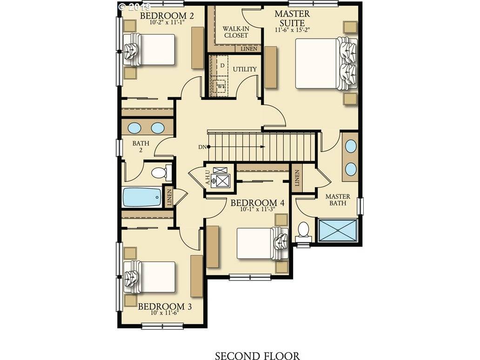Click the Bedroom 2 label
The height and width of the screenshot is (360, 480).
pyautogui.click(x=167, y=15)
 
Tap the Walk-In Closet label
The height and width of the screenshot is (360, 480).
pyautogui.click(x=236, y=32)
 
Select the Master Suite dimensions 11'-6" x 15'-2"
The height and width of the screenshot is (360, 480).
pyautogui.click(x=292, y=30)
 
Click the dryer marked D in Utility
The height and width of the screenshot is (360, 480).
pyautogui.click(x=222, y=66)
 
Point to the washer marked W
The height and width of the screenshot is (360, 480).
pyautogui.click(x=221, y=86)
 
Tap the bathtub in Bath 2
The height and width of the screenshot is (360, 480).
pyautogui.click(x=142, y=197)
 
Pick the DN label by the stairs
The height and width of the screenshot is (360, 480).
pyautogui.click(x=202, y=147)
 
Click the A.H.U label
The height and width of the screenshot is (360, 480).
pyautogui.click(x=207, y=178)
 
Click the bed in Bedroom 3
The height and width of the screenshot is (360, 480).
pyautogui.click(x=149, y=277)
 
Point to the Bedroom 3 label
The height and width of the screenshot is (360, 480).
pyautogui.click(x=165, y=306)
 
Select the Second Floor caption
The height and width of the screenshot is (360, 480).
pyautogui.click(x=257, y=356)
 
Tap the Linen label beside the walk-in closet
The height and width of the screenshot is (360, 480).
pyautogui.click(x=249, y=49)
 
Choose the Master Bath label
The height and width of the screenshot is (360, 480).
pyautogui.click(x=338, y=199)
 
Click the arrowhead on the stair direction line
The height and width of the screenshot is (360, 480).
pyautogui.click(x=263, y=147)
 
